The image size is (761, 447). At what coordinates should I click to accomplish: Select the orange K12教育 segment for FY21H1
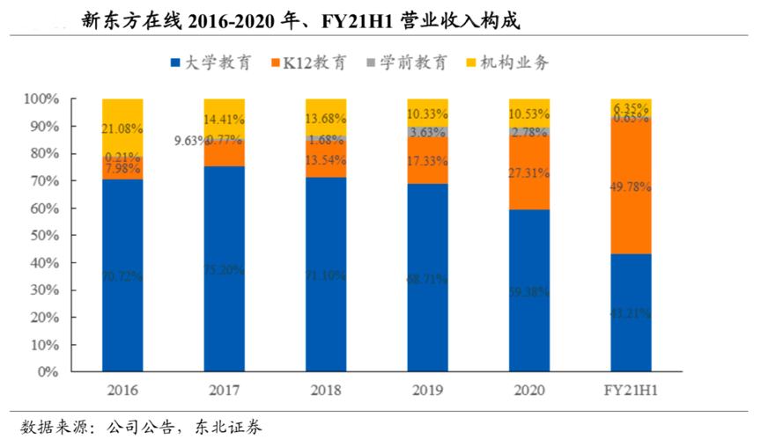click(x=631, y=187)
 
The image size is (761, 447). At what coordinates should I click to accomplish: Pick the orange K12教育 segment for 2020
click(x=528, y=172)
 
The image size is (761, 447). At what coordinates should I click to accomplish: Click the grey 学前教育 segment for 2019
click(x=427, y=132)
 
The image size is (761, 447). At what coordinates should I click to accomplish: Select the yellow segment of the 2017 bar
click(x=224, y=118)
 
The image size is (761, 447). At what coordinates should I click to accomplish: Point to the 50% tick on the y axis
click(x=42, y=235)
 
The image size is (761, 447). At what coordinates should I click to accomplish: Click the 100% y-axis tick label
click(x=39, y=99)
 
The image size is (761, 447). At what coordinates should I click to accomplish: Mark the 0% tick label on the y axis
click(x=47, y=372)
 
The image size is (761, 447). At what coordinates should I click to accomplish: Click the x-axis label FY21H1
click(x=631, y=390)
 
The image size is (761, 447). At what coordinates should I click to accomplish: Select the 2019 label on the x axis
click(x=427, y=390)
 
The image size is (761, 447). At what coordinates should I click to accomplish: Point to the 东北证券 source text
click(x=224, y=429)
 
